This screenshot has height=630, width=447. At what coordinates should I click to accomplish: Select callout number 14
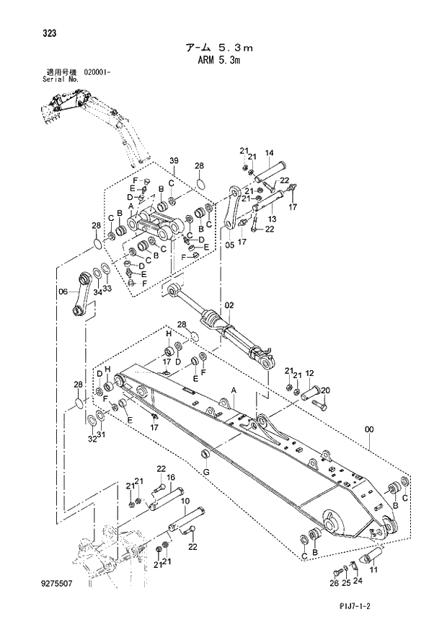click(x=269, y=152)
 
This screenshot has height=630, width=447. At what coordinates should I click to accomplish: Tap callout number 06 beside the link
click(x=63, y=292)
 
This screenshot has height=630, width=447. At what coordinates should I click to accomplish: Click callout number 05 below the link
click(x=229, y=245)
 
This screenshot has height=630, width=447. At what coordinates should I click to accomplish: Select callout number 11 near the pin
click(x=374, y=569)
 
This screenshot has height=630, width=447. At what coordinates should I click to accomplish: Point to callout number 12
click(x=309, y=373)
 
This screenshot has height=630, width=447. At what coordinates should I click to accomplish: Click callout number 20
click(x=325, y=390)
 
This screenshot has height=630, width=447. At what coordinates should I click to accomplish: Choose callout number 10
click(x=185, y=501)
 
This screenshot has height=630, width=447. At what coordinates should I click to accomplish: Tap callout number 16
click(x=171, y=477)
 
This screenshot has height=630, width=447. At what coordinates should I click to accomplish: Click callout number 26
click(x=334, y=582)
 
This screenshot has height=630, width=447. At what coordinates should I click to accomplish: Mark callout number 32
click(x=92, y=438)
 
